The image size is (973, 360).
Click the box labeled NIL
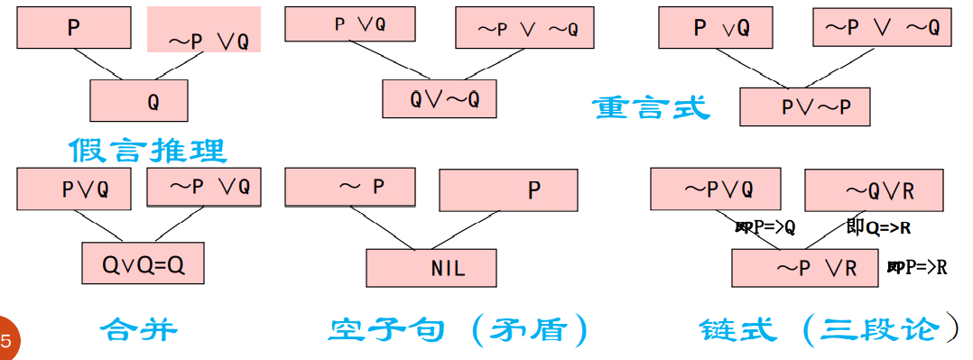(431, 268)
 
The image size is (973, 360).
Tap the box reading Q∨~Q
(439, 99)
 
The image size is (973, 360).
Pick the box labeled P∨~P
(804, 106)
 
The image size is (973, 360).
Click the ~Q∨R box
(873, 190)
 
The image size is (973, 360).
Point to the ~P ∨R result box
(805, 267)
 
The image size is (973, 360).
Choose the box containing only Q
(139, 100)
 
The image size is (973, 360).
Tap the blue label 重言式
(651, 107)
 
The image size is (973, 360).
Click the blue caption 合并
(137, 329)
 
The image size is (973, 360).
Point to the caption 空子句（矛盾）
(459, 330)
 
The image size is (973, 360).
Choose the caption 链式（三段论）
(829, 330)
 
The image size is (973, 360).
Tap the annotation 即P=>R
(917, 267)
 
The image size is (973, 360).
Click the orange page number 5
(7, 341)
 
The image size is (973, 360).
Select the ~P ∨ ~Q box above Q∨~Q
(526, 28)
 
